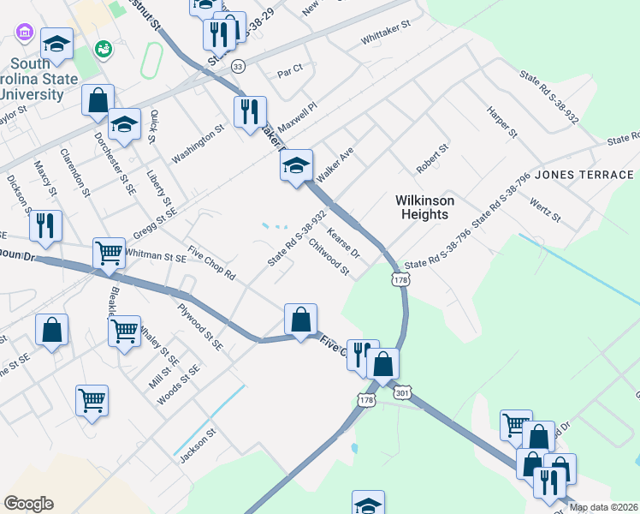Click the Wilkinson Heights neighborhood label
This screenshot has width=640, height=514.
pos(424,206)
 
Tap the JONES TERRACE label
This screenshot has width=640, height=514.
pos(586,175)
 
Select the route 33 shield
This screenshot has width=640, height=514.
pos(237,66)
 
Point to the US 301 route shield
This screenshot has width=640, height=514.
pos(403,392)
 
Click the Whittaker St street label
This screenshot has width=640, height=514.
pos(386,40)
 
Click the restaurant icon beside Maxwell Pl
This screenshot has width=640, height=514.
pos(250,112)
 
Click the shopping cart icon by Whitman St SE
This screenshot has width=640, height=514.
pos(109,253)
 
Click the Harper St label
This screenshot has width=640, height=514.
pos(502,122)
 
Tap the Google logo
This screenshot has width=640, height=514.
pos(28,504)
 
